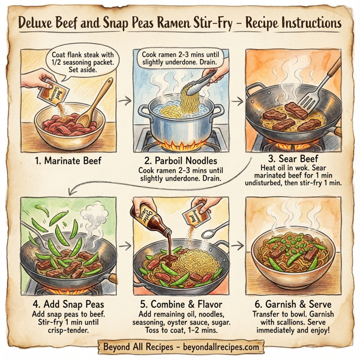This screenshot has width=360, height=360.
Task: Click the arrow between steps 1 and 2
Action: click(x=124, y=101)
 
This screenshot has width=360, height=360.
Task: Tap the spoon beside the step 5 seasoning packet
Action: click(x=219, y=231)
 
